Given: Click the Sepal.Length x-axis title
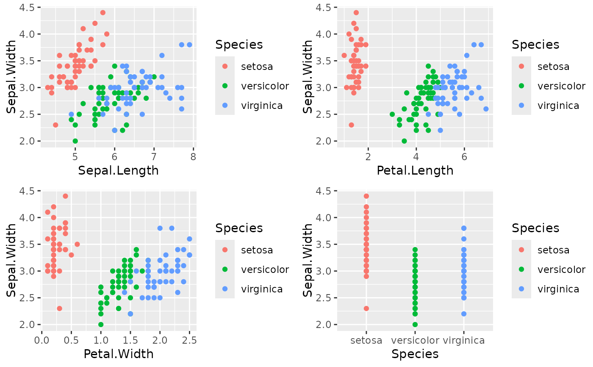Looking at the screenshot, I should [x=118, y=170].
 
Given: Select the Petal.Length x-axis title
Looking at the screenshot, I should [x=415, y=170].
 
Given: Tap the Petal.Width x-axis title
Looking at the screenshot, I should [x=118, y=353].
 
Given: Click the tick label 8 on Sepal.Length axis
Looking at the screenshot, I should [x=193, y=156].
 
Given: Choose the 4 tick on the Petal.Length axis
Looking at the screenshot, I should [x=416, y=156].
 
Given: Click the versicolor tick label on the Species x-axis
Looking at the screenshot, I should [x=415, y=340].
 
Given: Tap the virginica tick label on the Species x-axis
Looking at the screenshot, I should [x=464, y=340].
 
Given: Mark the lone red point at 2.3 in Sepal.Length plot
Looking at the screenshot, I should [x=55, y=125].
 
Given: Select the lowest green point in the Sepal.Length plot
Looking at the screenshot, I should [x=75, y=141].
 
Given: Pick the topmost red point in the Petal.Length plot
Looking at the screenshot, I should [x=356, y=13].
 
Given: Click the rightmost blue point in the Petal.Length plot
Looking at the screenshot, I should [x=486, y=109].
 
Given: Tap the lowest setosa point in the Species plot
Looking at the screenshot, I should [x=366, y=308].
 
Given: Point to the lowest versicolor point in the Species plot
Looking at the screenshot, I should [x=415, y=324].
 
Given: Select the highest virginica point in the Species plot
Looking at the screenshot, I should [x=464, y=228].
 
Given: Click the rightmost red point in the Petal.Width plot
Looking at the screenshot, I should [x=77, y=244].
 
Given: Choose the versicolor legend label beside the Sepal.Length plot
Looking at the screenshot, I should [x=265, y=86].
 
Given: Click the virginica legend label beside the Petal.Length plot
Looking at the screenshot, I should [x=558, y=106].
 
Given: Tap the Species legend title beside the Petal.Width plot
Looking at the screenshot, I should [x=239, y=228].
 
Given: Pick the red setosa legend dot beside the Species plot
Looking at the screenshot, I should [x=521, y=250].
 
